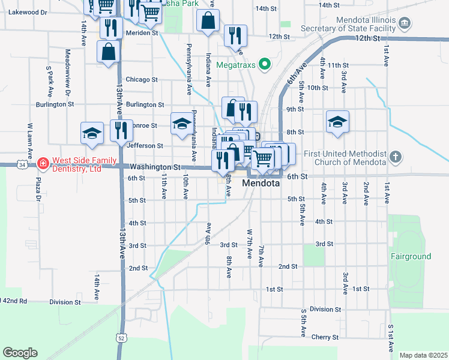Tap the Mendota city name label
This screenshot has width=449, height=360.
click(261, 184)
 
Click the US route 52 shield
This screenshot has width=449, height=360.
click(122, 338)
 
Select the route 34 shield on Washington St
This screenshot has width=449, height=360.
click(22, 164)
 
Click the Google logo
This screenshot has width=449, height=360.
click(20, 353)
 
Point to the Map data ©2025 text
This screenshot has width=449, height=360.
click(423, 355)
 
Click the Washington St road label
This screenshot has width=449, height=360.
click(155, 167)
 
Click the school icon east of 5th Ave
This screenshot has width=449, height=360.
click(338, 122)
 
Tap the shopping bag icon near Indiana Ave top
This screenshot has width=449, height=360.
click(208, 21)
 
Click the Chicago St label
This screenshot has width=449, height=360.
click(142, 79)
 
